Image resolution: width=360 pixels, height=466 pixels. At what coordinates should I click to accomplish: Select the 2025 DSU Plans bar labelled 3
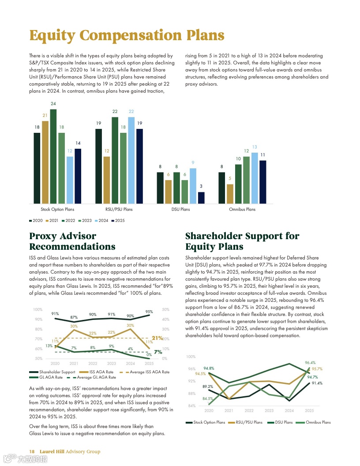(x=201, y=198)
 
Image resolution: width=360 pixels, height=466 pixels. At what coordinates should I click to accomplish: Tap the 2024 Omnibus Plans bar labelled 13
(x=255, y=178)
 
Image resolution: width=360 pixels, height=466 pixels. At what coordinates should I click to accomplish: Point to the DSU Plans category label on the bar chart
(x=181, y=209)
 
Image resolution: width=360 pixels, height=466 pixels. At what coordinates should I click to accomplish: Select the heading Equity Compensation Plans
(x=127, y=35)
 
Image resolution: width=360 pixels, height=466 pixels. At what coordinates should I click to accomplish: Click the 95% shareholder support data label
(x=149, y=312)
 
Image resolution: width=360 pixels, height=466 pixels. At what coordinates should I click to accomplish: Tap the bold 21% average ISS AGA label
(x=157, y=338)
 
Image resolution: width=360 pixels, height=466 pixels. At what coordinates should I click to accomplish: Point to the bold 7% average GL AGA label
(x=158, y=352)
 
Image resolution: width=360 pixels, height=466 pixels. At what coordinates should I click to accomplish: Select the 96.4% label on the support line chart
(x=310, y=363)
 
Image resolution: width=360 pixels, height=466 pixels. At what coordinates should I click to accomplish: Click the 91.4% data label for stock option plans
(x=317, y=383)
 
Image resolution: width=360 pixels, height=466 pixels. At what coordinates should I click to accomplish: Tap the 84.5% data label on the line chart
(x=208, y=398)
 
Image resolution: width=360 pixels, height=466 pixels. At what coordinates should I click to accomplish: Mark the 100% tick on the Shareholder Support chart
(x=191, y=357)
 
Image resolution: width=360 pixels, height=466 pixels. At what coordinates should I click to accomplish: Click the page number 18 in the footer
(x=32, y=451)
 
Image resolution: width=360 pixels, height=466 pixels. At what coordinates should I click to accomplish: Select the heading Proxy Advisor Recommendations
(x=72, y=241)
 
